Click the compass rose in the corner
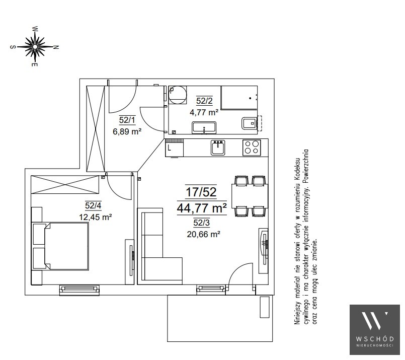coord(35,46)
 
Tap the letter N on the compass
coord(56,47)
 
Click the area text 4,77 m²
coord(204,112)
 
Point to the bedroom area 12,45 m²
coord(95,217)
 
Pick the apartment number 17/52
coord(201,192)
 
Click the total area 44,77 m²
coord(202,208)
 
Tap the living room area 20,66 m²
coord(204,235)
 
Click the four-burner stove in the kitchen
coord(252,148)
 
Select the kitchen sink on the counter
coord(218,148)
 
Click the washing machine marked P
coord(177,95)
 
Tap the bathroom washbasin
coord(204,128)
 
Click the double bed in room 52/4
coord(60,246)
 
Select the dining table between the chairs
coord(250,196)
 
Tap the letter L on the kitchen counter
coord(169,149)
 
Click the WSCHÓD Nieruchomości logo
coord(374,329)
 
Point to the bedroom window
coord(79,290)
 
